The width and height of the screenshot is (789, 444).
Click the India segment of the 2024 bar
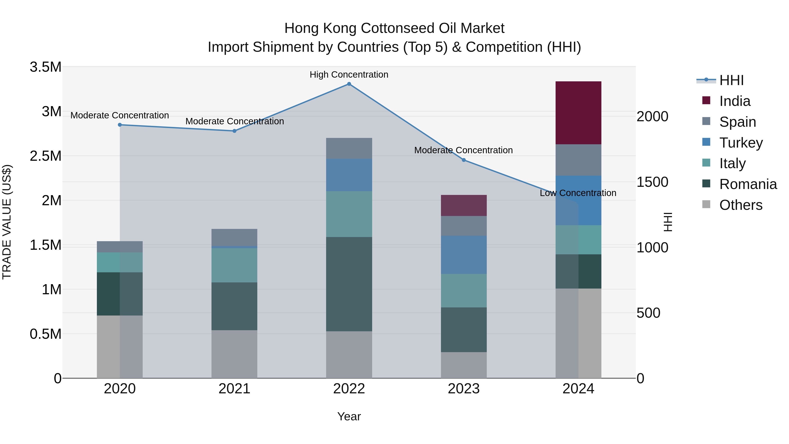[578, 113]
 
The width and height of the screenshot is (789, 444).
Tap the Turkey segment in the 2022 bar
[349, 175]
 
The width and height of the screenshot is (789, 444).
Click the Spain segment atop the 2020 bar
[120, 247]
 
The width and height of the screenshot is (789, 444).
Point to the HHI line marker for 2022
[349, 84]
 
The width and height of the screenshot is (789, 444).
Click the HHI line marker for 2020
[120, 125]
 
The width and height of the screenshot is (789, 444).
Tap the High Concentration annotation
[349, 75]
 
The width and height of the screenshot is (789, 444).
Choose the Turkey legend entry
[741, 143]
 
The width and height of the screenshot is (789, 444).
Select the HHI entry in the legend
[731, 80]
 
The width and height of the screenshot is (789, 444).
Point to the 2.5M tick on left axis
[46, 156]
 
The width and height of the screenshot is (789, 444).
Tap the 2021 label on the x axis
[234, 389]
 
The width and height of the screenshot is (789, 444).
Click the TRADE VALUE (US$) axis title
[7, 222]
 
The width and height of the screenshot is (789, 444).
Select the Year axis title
[349, 416]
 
